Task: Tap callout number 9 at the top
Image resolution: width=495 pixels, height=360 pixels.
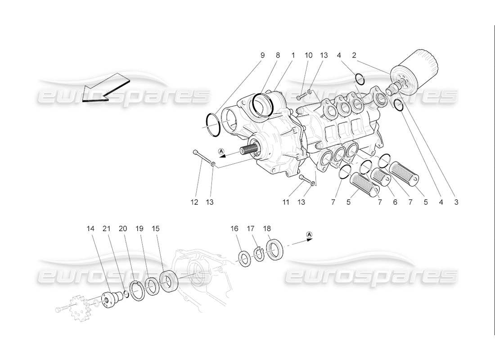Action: [262, 55]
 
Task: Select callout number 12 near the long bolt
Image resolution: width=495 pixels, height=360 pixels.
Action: [194, 202]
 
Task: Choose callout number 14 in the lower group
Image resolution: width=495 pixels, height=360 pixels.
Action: [91, 229]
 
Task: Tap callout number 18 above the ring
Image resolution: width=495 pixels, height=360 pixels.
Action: [267, 229]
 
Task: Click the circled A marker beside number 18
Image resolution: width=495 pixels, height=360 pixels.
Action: [309, 234]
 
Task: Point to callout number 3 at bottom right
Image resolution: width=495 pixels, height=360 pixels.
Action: [456, 202]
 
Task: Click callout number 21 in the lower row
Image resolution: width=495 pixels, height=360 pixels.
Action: [107, 229]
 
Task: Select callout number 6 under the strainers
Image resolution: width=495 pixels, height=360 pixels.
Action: [395, 202]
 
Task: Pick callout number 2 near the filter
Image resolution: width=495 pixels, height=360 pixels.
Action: [354, 55]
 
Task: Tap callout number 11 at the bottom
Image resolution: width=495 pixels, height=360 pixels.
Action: [286, 202]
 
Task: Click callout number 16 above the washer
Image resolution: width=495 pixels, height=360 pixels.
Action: [234, 229]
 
